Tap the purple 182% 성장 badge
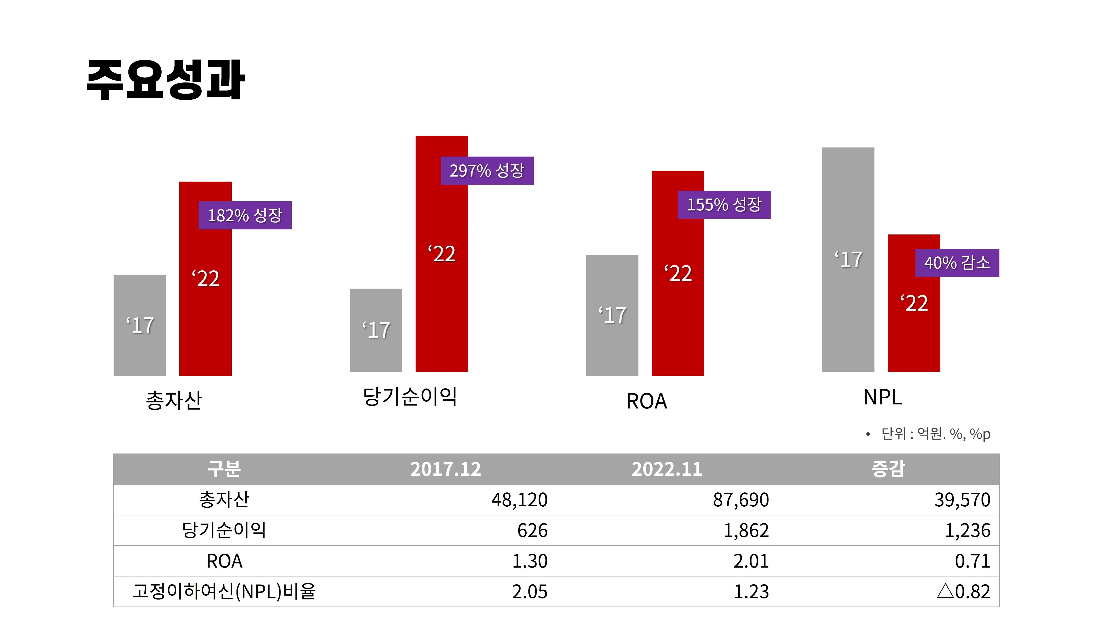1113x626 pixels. pyautogui.click(x=245, y=215)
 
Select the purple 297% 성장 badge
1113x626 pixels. pyautogui.click(x=487, y=171)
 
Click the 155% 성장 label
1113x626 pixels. pyautogui.click(x=724, y=205)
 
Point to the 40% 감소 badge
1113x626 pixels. pyautogui.click(x=957, y=263)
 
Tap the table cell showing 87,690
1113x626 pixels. pyautogui.click(x=741, y=500)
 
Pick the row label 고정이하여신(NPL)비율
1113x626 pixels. pyautogui.click(x=224, y=591)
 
